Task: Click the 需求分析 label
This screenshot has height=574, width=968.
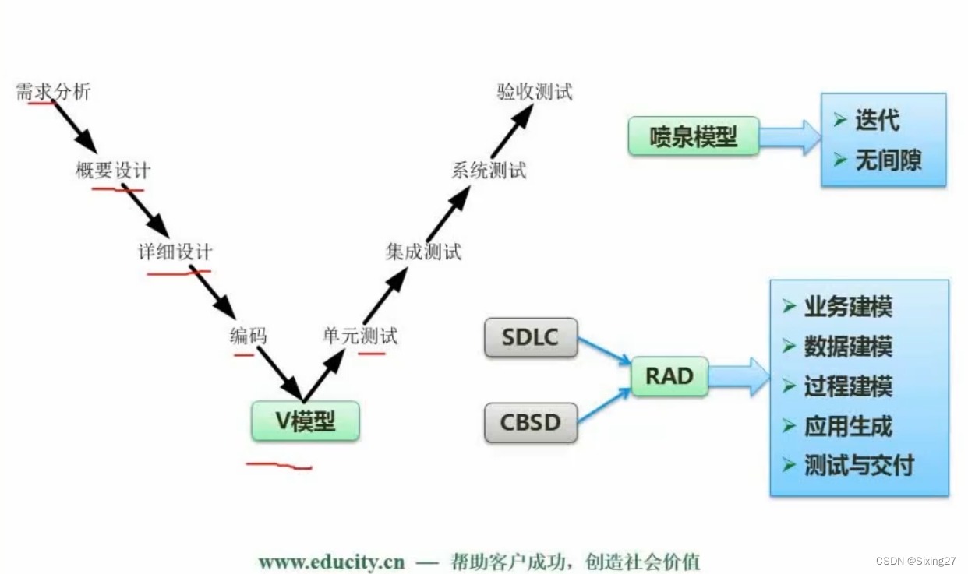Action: pos(53,92)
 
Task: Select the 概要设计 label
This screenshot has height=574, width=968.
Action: pos(113,171)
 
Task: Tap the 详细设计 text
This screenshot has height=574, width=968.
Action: pos(175,252)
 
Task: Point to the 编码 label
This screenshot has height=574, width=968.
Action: pos(248,336)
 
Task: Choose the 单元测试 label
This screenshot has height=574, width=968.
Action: pos(359,336)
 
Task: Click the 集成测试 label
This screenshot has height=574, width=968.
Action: pos(423,252)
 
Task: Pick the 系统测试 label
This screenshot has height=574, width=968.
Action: pos(489,171)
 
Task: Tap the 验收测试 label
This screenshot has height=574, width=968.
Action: pos(535,92)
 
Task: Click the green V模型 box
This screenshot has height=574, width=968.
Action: pos(305,421)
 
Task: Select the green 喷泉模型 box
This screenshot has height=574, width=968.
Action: pos(693,137)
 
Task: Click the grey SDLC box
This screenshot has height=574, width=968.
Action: pos(531,337)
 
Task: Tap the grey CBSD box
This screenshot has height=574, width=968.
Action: pos(531,422)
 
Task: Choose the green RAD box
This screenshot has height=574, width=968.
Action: pos(669,376)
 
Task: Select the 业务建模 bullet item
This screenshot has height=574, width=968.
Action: pos(848,307)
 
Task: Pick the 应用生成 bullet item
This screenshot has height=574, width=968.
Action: pos(848,426)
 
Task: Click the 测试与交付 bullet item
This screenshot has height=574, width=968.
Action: pos(858,466)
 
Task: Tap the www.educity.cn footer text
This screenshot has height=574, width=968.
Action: pos(331,562)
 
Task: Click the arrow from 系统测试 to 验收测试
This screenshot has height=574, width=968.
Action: pos(512,132)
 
